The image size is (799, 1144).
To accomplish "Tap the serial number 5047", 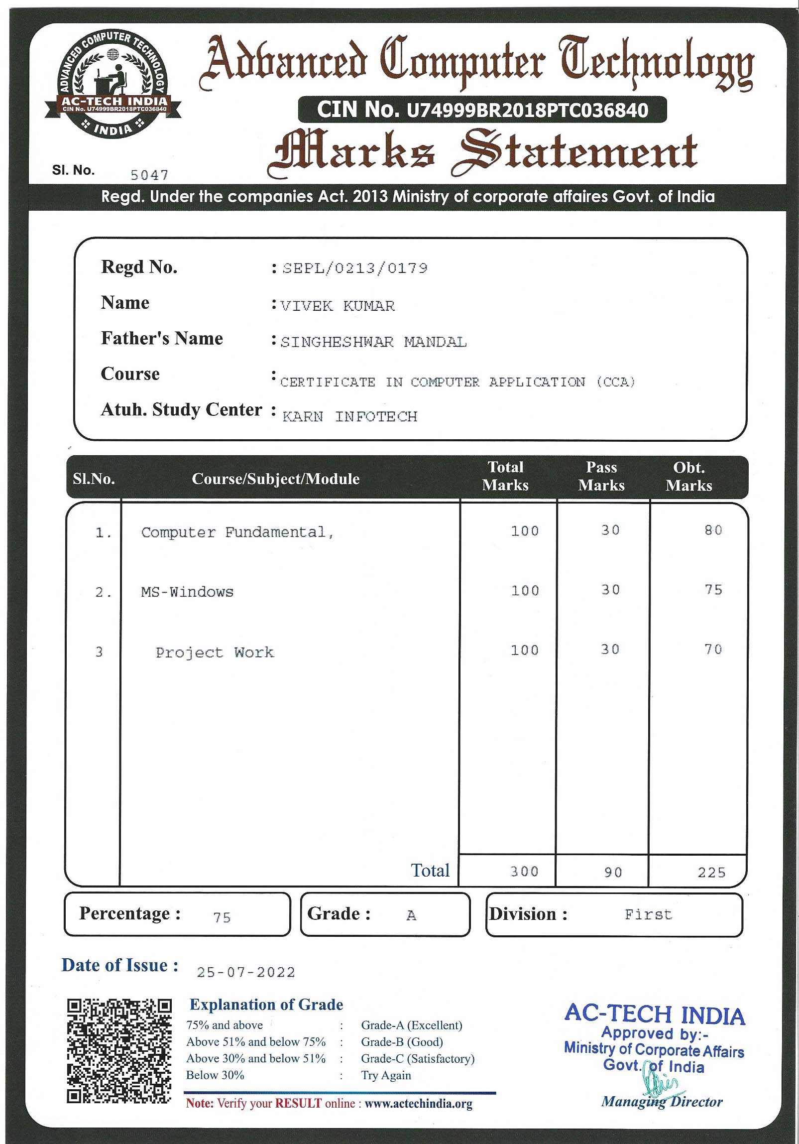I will [x=149, y=175].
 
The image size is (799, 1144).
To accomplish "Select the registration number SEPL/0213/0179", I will [x=354, y=268].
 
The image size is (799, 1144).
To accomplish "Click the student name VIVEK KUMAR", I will [x=338, y=306].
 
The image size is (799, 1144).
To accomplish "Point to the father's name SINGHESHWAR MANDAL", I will [x=373, y=342].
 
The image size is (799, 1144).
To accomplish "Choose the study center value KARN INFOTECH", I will [x=349, y=416].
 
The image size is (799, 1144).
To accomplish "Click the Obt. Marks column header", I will [x=689, y=476].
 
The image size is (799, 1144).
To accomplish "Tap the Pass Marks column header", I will [x=601, y=476].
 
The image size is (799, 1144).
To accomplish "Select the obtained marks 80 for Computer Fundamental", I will [x=713, y=530].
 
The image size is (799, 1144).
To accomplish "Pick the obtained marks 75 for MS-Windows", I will [x=713, y=590].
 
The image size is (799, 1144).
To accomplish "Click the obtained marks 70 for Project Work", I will [x=713, y=649].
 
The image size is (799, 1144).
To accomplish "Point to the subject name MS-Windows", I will [x=187, y=592].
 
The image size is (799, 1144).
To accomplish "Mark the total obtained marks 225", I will [x=711, y=873].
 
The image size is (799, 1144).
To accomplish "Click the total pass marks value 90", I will [x=613, y=873].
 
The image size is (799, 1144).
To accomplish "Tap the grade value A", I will [x=411, y=916].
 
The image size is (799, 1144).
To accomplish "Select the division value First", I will [x=648, y=915].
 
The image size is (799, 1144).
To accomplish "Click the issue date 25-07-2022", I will [x=246, y=972].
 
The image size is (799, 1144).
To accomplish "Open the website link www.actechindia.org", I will [x=419, y=1104].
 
